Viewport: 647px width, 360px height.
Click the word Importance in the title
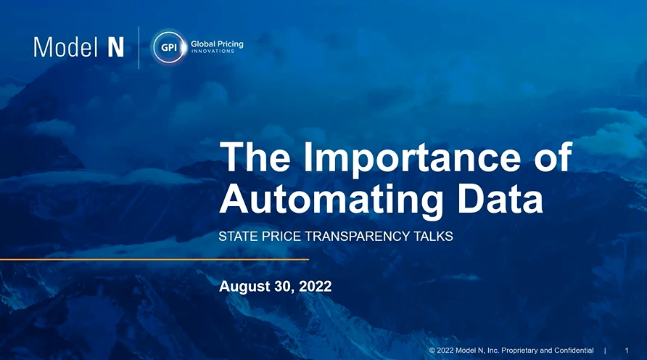412,157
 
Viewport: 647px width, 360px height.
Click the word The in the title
255,157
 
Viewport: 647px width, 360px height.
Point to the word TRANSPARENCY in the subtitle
358,236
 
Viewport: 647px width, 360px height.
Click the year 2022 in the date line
316,286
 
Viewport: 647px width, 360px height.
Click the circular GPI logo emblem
169,47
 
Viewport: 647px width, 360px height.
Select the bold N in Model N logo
116,47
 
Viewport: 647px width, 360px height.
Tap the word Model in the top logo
65,47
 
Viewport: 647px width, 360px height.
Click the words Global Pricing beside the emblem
217,44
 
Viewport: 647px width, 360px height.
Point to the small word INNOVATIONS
213,52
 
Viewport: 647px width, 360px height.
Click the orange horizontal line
154,260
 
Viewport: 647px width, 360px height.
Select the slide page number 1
627,351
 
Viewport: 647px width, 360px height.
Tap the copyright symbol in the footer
432,351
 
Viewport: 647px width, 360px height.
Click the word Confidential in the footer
574,351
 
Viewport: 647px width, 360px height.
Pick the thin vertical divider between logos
139,48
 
